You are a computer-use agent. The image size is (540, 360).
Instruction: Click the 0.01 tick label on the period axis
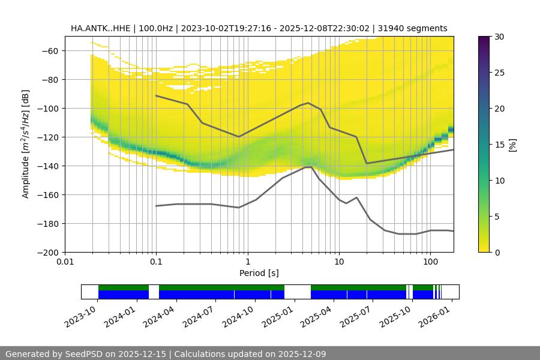click(65, 262)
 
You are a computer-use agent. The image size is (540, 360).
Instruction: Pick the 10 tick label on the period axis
click(339, 262)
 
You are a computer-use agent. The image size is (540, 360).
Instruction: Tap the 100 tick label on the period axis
click(430, 262)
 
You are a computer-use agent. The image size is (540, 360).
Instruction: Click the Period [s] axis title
click(259, 273)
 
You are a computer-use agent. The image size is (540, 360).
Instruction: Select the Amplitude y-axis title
click(25, 144)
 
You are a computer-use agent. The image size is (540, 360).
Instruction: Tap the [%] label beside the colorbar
click(512, 145)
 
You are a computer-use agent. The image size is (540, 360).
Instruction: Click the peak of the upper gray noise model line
click(308, 103)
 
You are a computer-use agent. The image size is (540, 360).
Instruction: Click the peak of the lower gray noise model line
click(309, 167)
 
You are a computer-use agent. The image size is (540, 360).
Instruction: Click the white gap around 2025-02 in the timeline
click(297, 292)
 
